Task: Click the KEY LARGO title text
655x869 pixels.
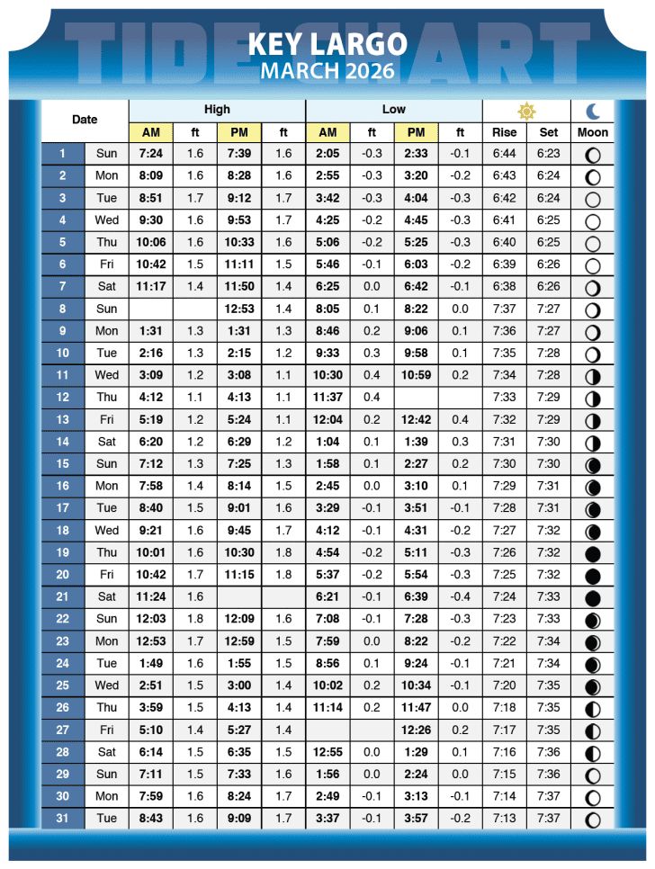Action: pos(327,43)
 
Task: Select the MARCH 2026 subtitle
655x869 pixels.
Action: pos(327,70)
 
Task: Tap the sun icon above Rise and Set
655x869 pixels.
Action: pos(526,111)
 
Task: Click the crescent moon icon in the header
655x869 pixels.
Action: pos(593,111)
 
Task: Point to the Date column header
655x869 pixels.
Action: pos(85,120)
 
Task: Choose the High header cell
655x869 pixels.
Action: pos(217,110)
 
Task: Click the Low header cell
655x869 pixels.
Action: pos(393,110)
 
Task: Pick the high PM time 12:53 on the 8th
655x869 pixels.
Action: pos(239,309)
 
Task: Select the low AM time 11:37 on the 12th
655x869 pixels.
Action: pos(327,398)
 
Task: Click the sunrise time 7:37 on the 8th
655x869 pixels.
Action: pos(505,309)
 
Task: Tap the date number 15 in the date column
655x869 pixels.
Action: pos(62,464)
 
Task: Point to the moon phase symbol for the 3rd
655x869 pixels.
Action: pos(593,199)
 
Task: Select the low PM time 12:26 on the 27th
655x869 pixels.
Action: pos(416,730)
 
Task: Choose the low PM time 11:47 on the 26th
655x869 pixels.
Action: pos(416,708)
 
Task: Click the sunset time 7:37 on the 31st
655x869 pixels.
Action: pos(549,819)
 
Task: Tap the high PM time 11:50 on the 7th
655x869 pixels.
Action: pos(239,287)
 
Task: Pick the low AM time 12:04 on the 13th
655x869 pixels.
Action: pos(327,420)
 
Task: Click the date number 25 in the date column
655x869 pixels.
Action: pos(62,685)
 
